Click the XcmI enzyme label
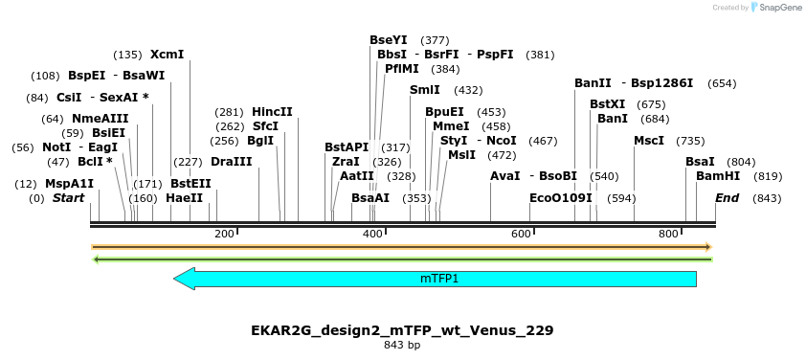pyautogui.click(x=167, y=55)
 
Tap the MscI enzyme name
pyautogui.click(x=649, y=141)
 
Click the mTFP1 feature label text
pyautogui.click(x=439, y=279)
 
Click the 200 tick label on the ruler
pyautogui.click(x=224, y=234)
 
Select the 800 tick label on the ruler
pyautogui.click(x=668, y=234)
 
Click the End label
pyautogui.click(x=728, y=198)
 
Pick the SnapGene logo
pyautogui.click(x=777, y=8)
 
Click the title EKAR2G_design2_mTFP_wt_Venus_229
pyautogui.click(x=402, y=330)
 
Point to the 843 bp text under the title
pyautogui.click(x=402, y=345)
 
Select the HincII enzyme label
pyautogui.click(x=272, y=111)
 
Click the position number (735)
pyautogui.click(x=689, y=141)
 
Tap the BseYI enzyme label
pyautogui.click(x=389, y=40)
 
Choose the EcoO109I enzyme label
pyautogui.click(x=561, y=198)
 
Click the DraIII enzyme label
pyautogui.click(x=231, y=162)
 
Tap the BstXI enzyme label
pyautogui.click(x=607, y=104)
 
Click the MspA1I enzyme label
pyautogui.click(x=69, y=184)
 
